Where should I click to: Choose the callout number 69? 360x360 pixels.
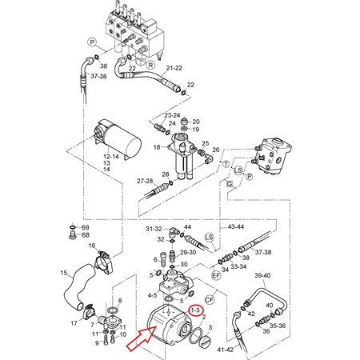[85, 228]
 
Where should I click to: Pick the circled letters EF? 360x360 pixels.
[216, 274]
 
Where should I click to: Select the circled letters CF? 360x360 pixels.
[210, 299]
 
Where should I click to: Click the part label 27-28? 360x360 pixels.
[144, 182]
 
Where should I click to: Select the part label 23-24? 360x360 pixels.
[172, 114]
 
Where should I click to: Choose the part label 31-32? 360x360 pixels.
[154, 229]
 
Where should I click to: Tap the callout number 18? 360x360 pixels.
[157, 148]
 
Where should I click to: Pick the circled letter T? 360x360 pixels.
[226, 162]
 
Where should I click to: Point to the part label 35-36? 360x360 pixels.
[276, 326]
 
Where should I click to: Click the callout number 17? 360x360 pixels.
[74, 323]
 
